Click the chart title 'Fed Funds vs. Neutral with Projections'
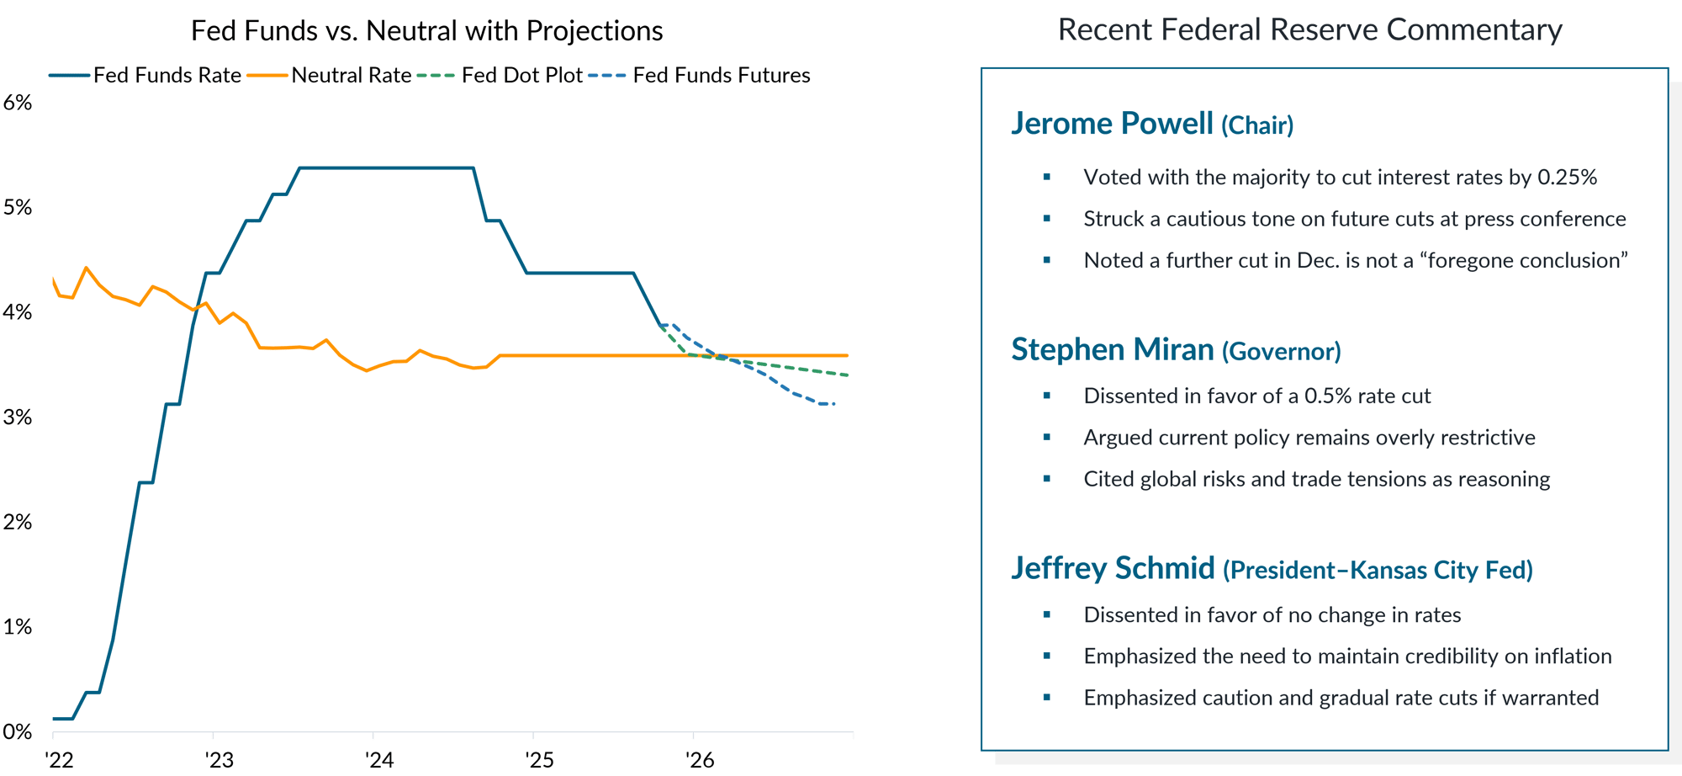point(426,31)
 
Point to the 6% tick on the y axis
point(18,103)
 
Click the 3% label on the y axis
point(18,417)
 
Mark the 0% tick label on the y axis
point(18,732)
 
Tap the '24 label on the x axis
point(379,761)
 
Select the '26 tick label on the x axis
point(700,761)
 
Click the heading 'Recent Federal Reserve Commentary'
point(1309,30)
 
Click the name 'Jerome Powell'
point(1112,124)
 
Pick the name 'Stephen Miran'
point(1112,350)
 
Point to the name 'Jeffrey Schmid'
point(1113,568)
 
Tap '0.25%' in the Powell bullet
point(1567,178)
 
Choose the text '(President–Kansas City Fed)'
point(1378,571)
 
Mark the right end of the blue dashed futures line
point(834,406)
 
